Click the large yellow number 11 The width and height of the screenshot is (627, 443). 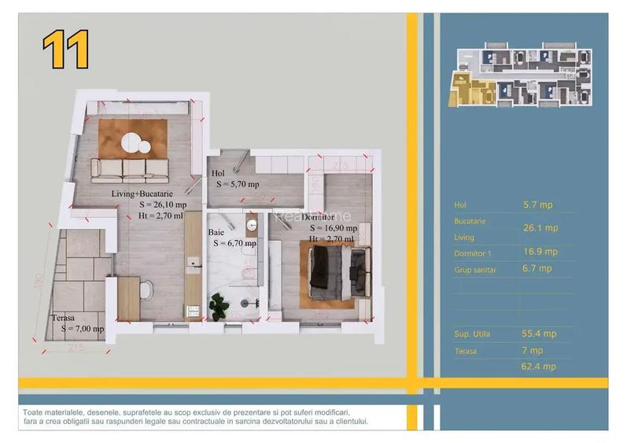(x=65, y=50)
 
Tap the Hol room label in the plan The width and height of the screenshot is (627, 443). (x=218, y=173)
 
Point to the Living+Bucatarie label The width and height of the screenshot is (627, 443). (x=146, y=191)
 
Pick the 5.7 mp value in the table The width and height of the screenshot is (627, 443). (x=537, y=205)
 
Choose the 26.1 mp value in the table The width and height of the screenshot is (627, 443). (x=540, y=228)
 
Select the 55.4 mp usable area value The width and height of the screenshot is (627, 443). (x=539, y=334)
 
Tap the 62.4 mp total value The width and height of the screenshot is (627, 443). (x=539, y=366)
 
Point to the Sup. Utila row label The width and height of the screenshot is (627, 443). (x=472, y=334)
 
